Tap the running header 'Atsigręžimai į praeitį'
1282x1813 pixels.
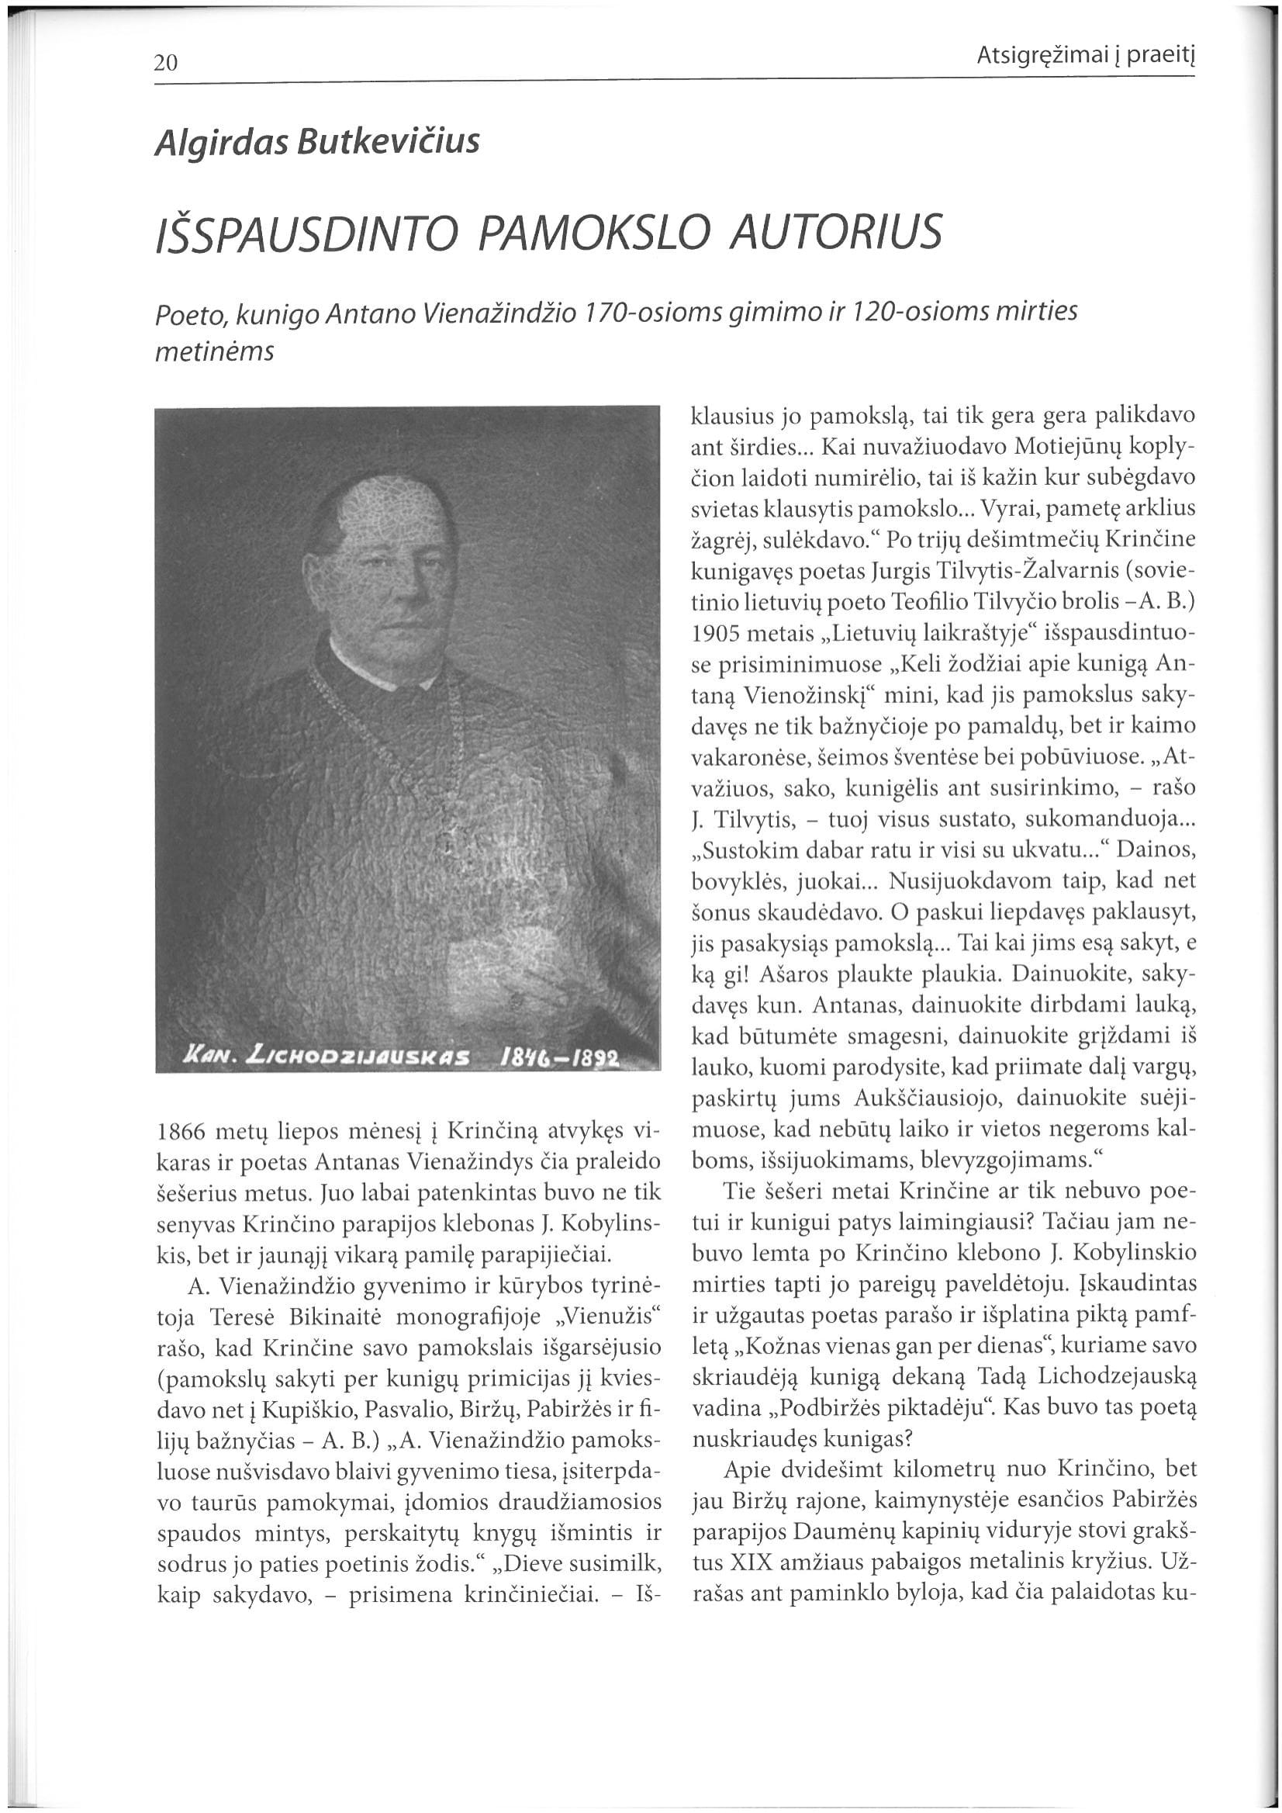(1086, 56)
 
